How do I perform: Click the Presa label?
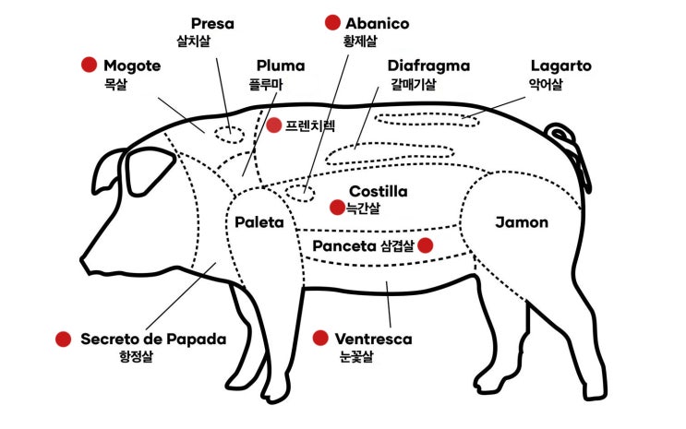[212, 23]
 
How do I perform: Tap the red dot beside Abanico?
[333, 22]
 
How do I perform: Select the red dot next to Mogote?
[89, 65]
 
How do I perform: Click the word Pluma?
[281, 66]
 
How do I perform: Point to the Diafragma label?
[428, 66]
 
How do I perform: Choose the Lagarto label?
[560, 66]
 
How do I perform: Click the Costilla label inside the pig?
[378, 191]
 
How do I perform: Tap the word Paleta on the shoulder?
[259, 222]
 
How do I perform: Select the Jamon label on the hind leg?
[522, 222]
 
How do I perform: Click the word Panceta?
[344, 245]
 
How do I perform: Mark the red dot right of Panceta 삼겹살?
[426, 245]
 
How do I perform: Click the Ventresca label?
[373, 339]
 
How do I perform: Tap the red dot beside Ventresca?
[320, 338]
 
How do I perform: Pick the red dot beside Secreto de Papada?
[64, 339]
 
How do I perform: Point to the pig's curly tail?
[569, 149]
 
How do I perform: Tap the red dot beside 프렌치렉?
[274, 125]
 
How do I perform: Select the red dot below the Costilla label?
[337, 208]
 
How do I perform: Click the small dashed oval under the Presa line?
[229, 135]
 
